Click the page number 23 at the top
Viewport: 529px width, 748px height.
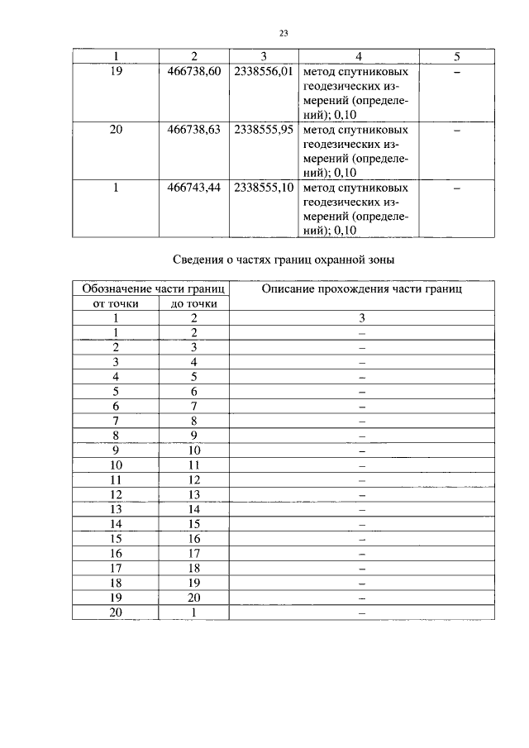283,34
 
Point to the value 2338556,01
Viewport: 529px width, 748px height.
264,72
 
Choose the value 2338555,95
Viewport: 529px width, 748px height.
264,130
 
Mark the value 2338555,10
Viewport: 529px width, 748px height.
264,188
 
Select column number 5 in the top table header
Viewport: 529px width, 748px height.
457,56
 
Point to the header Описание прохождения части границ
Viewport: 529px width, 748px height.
361,289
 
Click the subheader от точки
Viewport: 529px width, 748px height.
117,303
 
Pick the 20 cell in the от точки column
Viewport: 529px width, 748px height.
117,612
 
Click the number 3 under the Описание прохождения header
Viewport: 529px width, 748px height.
361,317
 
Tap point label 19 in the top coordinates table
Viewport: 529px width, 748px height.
117,72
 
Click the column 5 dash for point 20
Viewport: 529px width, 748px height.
457,131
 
